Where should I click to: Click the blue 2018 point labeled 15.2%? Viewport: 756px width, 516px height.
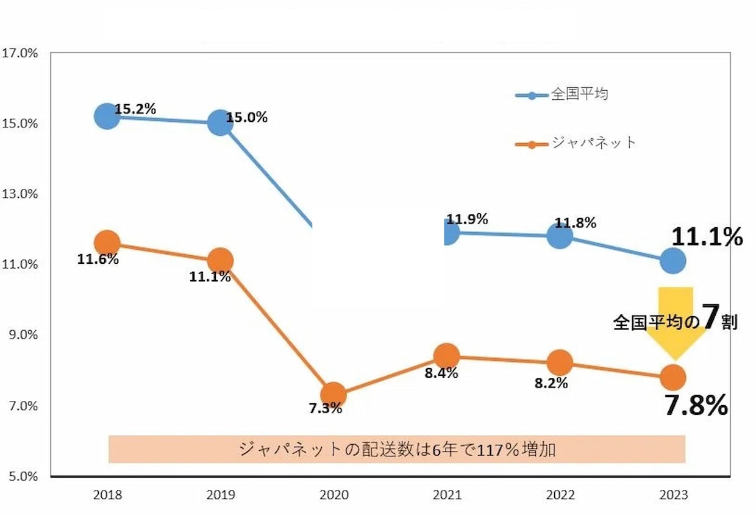(x=107, y=116)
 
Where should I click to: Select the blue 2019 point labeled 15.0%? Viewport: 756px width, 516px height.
(x=220, y=123)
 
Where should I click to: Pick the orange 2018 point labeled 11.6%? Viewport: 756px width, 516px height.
(x=107, y=242)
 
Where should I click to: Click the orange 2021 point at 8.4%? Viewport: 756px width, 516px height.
(x=446, y=356)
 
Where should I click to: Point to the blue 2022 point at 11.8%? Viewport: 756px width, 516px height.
(x=560, y=236)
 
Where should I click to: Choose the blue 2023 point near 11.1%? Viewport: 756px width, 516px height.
(x=672, y=261)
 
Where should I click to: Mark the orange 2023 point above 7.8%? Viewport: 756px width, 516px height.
(x=672, y=378)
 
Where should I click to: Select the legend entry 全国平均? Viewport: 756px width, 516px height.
(x=579, y=95)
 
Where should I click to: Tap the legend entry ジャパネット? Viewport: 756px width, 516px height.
(x=593, y=143)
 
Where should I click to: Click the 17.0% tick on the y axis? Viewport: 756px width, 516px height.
(x=21, y=53)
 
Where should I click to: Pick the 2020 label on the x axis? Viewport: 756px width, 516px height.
(x=333, y=495)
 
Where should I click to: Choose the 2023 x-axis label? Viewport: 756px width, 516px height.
(x=673, y=495)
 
